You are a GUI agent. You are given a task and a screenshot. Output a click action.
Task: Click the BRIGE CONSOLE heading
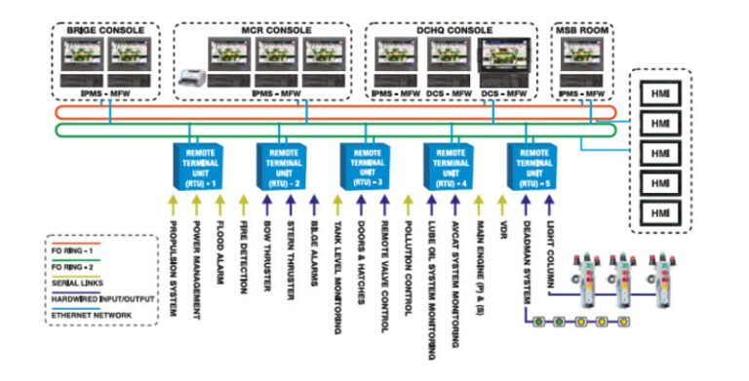(x=105, y=30)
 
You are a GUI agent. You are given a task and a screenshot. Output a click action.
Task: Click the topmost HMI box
(x=659, y=93)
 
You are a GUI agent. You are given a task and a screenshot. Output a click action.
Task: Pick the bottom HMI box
(x=659, y=212)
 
